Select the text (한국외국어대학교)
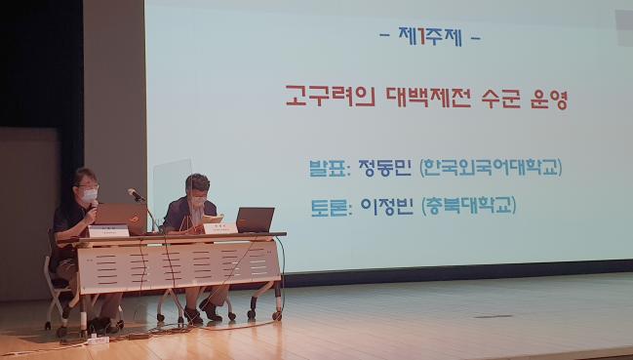pos(491,167)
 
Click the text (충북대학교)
pos(467,205)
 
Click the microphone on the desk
pos(136,195)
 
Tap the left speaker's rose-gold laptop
pos(115,215)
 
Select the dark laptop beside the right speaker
pos(255,220)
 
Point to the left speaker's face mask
pos(90,195)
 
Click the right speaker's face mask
pos(199,201)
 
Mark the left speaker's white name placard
pos(108,231)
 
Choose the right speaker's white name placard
pos(219,227)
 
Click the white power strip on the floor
pos(98,340)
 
